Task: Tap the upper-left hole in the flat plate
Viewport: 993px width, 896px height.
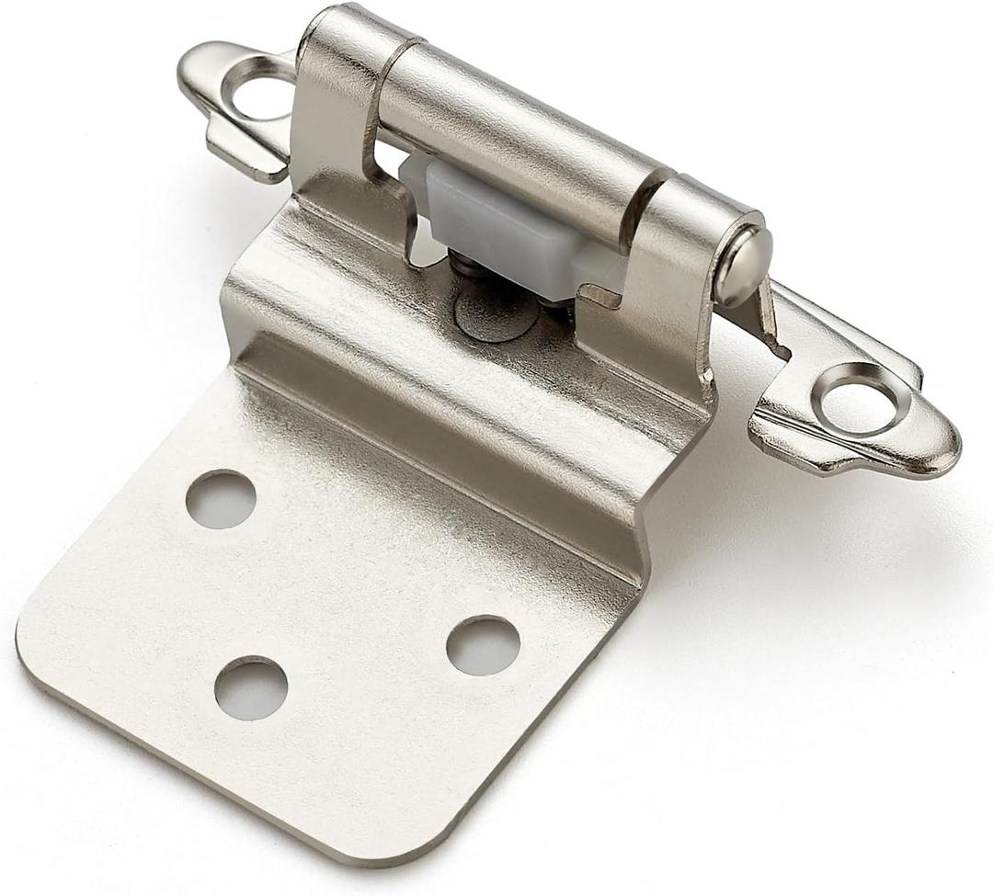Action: [x=221, y=498]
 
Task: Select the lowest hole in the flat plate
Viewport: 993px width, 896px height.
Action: [x=250, y=687]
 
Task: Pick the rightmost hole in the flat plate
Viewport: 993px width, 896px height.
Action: [x=483, y=644]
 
